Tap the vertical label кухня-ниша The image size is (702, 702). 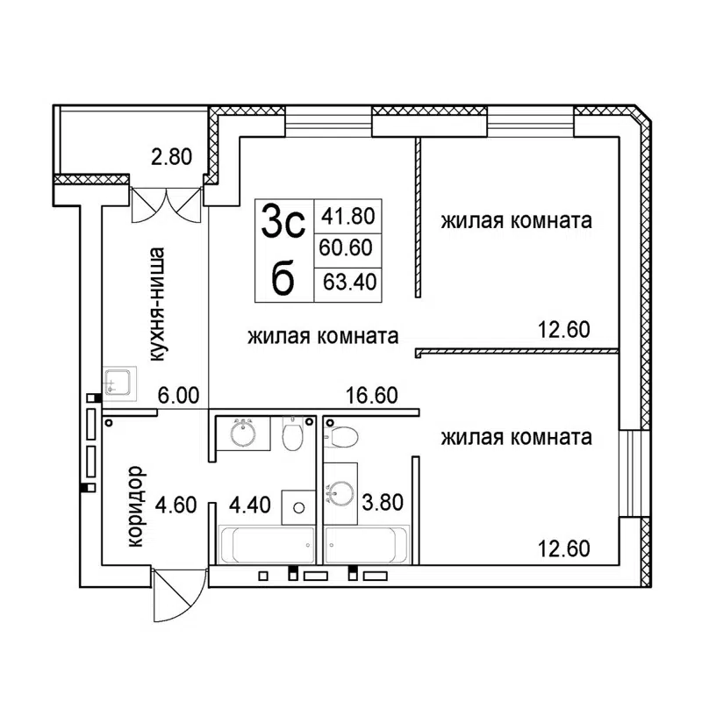tap(159, 305)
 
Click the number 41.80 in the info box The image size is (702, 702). tap(347, 215)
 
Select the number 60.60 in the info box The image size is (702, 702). tap(347, 249)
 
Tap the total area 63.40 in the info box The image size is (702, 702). tap(347, 283)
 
